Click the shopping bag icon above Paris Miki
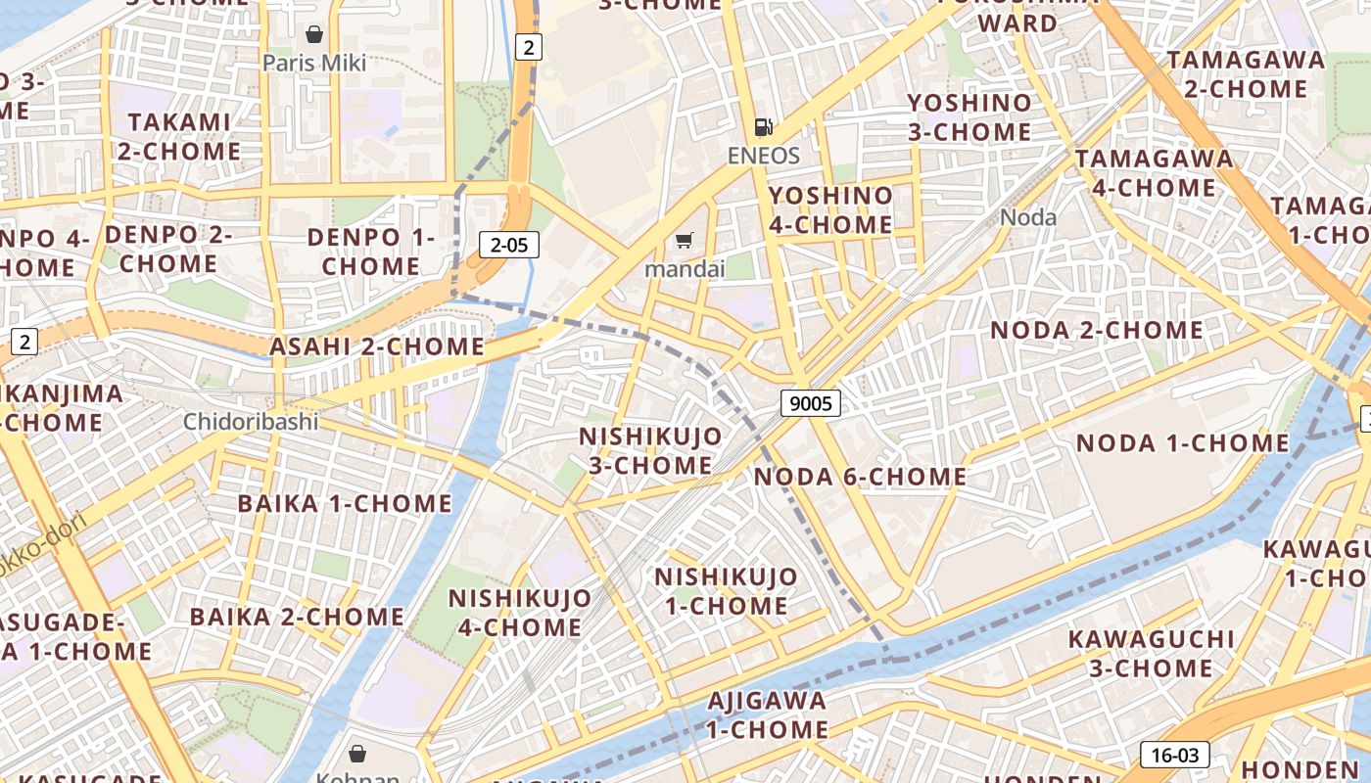click(314, 35)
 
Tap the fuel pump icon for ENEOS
click(763, 127)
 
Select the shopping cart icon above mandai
click(685, 241)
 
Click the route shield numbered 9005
click(811, 402)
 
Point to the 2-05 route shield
click(509, 245)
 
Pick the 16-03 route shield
click(1174, 755)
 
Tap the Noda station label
click(1028, 217)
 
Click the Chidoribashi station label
click(251, 422)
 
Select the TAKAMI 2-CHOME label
click(179, 137)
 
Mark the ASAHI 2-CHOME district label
click(377, 346)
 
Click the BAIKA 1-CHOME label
click(345, 504)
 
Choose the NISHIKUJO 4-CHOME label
click(520, 613)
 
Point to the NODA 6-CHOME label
click(860, 478)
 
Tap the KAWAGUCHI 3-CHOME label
click(1151, 654)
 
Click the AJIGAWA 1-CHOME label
click(767, 715)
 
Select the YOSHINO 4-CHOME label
click(830, 210)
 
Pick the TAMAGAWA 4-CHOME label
click(1154, 173)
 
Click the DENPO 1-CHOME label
click(370, 252)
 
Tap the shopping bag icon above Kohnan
click(357, 754)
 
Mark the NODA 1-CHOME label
click(1183, 443)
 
